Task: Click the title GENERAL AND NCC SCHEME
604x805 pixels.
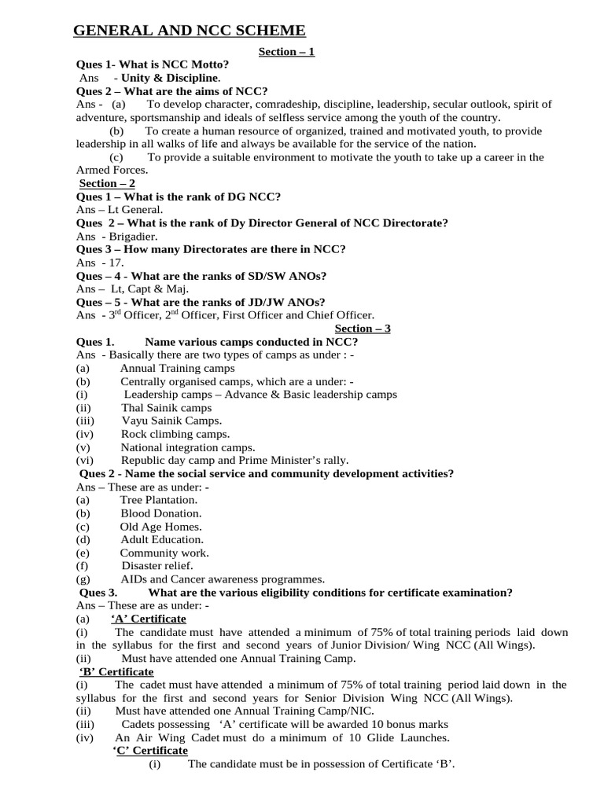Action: click(x=190, y=31)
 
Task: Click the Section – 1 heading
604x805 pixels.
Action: click(x=287, y=52)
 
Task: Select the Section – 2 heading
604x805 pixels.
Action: click(x=107, y=183)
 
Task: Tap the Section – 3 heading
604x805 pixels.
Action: click(x=363, y=329)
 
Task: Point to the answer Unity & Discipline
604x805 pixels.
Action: click(x=171, y=78)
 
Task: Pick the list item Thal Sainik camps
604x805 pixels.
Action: click(x=166, y=408)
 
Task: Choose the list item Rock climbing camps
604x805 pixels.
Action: click(x=175, y=434)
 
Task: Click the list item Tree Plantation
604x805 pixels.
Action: click(x=159, y=500)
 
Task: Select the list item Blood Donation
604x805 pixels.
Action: click(x=160, y=513)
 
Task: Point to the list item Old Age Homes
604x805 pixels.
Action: click(x=160, y=527)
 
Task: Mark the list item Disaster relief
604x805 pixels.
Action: click(x=157, y=565)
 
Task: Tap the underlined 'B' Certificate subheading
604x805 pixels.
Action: click(x=116, y=672)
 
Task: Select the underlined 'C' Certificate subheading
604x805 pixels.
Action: click(x=151, y=751)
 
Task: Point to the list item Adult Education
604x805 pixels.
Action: click(x=161, y=539)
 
